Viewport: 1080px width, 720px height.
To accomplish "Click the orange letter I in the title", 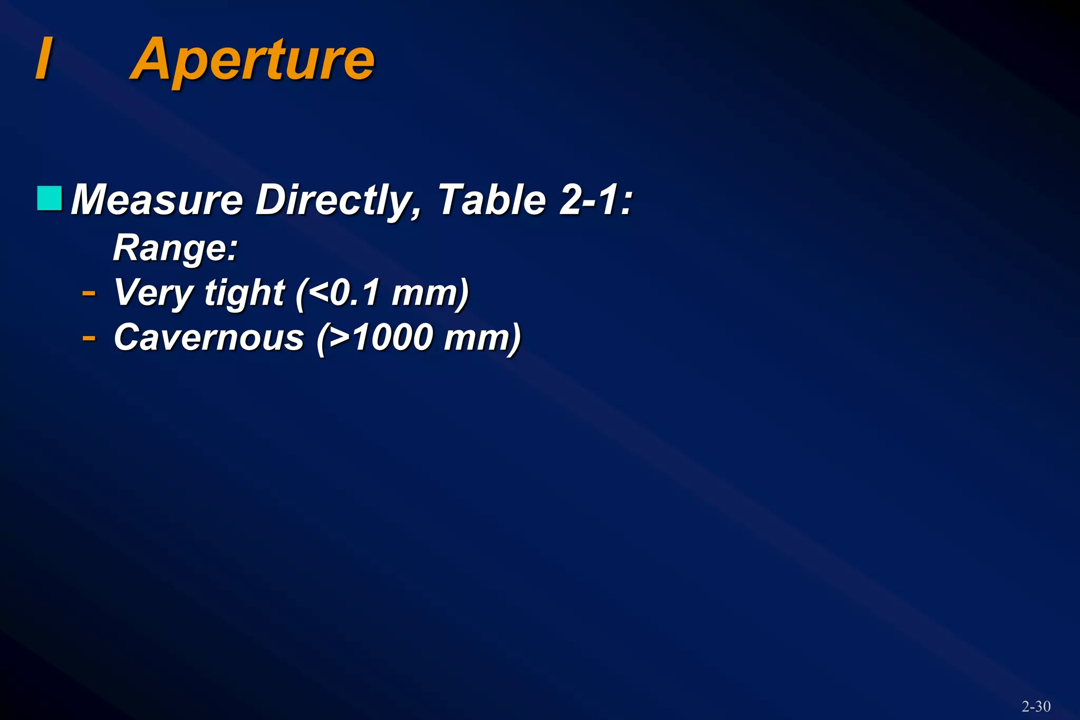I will (44, 58).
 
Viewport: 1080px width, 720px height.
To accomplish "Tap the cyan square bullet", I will (50, 198).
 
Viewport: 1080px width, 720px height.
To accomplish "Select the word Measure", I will (157, 200).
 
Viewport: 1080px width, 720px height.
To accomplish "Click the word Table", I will (491, 200).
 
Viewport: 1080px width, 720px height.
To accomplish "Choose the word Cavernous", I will (209, 337).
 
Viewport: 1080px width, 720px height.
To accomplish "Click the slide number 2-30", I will (1036, 706).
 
